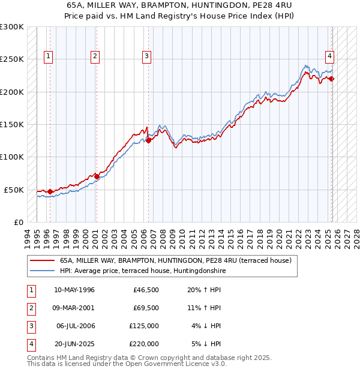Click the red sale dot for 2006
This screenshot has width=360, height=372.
(x=149, y=140)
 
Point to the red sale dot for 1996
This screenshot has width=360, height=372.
(x=50, y=192)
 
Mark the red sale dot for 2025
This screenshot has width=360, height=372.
(x=332, y=79)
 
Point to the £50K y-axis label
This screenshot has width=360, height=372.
(x=14, y=190)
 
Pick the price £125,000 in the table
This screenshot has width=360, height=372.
(x=143, y=326)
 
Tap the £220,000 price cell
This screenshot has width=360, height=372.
(x=143, y=344)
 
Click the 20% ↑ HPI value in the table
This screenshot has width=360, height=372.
(x=205, y=290)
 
